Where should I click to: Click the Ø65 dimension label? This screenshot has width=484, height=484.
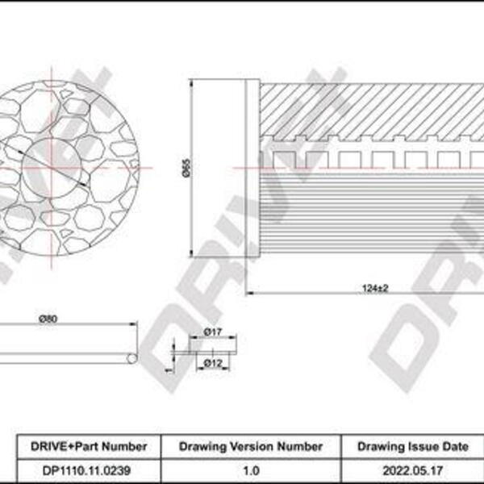186,169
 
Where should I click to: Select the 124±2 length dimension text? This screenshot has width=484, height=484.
375,288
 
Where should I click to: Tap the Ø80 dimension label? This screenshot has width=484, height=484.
48,319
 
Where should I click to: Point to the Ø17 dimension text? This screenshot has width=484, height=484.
213,332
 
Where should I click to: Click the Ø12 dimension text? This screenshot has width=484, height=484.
213,363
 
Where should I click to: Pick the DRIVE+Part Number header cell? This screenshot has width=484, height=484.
89,446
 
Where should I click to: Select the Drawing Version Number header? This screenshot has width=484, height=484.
251,446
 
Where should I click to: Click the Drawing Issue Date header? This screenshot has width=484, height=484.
413,446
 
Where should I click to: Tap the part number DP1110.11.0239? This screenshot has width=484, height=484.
86,471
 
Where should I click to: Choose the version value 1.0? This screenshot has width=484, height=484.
251,471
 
